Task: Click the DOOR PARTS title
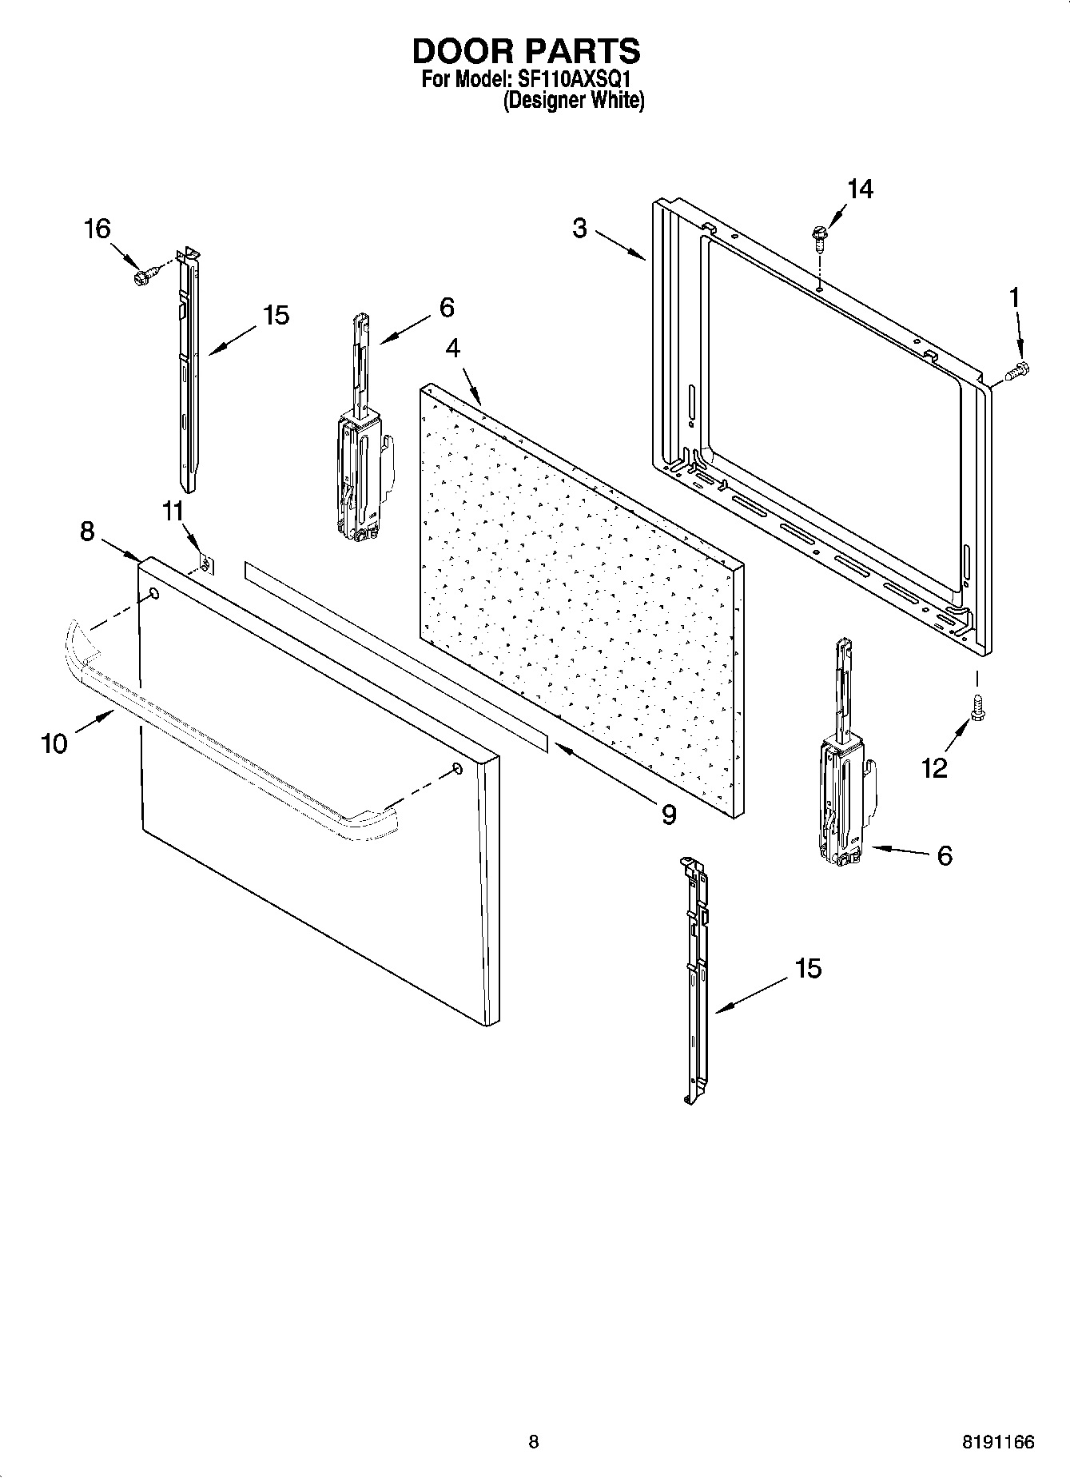point(526,51)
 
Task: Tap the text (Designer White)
point(573,101)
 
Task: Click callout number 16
point(97,229)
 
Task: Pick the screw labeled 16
point(142,277)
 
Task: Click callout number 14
point(860,189)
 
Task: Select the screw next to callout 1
point(1019,370)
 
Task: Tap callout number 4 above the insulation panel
point(452,349)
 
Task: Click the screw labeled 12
point(976,707)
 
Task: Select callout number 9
point(668,815)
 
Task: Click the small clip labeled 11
point(204,564)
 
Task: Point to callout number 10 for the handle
point(54,743)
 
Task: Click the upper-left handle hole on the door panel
point(153,594)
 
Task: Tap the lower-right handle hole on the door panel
point(457,768)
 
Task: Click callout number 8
point(87,531)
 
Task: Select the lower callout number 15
point(808,969)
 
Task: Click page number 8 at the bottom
point(534,1442)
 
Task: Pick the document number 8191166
point(997,1442)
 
